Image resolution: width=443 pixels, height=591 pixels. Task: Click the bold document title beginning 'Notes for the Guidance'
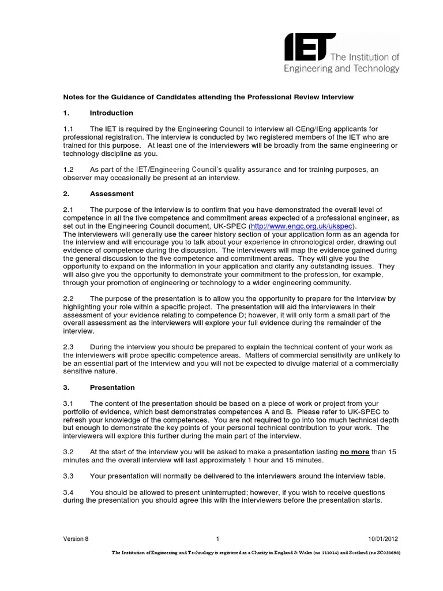[x=208, y=96]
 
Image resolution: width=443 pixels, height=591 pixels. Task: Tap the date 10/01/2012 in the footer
[x=383, y=540]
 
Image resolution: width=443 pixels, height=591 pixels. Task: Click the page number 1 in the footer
[x=219, y=540]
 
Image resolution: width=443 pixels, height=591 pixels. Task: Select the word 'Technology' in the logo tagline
[x=376, y=69]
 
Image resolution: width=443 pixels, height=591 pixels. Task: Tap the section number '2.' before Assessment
[x=65, y=194]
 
